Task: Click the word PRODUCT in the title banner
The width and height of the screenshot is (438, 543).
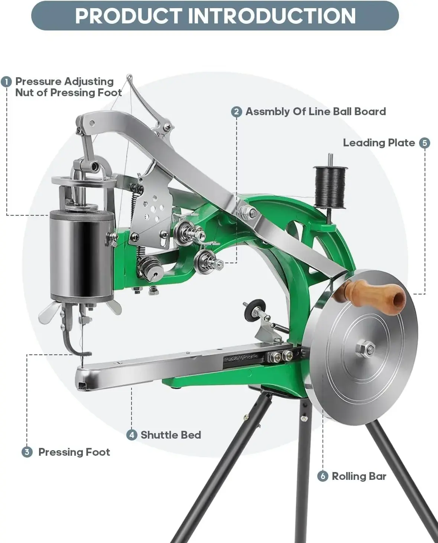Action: [129, 16]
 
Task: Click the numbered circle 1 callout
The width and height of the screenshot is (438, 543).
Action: [6, 82]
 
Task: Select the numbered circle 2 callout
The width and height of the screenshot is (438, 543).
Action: [237, 112]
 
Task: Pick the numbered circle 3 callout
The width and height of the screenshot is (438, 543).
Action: [27, 452]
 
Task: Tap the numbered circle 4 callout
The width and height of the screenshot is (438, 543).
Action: [132, 435]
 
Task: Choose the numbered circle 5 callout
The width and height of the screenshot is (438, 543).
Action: [425, 143]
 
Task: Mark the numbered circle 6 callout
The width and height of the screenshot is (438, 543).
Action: [322, 477]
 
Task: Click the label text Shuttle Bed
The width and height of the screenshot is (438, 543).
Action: [171, 435]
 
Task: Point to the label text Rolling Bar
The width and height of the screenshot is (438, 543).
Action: [359, 477]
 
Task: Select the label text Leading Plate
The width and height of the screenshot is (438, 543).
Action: [379, 143]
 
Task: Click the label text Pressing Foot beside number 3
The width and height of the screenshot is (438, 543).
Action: [74, 452]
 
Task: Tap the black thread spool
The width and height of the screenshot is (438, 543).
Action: [330, 188]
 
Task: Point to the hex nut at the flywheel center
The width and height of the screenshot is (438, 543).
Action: [365, 349]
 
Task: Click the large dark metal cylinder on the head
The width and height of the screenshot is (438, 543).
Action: [81, 256]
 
